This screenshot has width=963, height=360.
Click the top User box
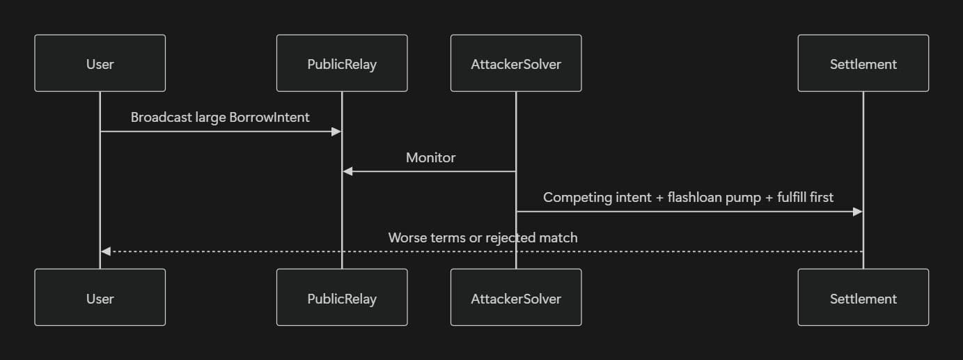tap(100, 63)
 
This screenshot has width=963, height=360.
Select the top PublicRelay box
tap(342, 63)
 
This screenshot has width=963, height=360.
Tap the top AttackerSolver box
tap(516, 63)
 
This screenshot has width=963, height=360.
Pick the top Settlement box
tap(863, 63)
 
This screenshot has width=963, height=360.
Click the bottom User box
tap(100, 298)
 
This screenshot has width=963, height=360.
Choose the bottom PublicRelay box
tap(342, 298)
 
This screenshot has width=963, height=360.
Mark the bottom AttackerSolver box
tap(516, 298)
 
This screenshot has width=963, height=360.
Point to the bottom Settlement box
tap(863, 298)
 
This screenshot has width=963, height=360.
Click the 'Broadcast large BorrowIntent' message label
tap(220, 117)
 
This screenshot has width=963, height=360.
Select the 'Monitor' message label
tap(430, 157)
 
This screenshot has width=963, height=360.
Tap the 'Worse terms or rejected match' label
tap(483, 237)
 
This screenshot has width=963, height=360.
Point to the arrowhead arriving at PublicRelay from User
tap(337, 131)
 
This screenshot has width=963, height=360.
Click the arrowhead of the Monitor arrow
tap(347, 171)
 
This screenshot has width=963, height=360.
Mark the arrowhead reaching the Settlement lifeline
tap(858, 211)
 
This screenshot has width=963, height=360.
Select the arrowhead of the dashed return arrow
tap(105, 251)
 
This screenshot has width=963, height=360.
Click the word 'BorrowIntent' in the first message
tap(269, 117)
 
